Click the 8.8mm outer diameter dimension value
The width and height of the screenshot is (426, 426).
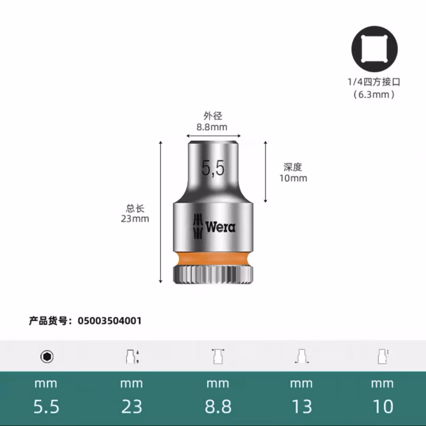tap(212, 126)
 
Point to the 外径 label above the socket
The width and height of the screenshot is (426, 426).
tap(212, 116)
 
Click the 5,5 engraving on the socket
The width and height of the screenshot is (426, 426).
tap(213, 169)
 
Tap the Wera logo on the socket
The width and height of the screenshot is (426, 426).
tap(214, 226)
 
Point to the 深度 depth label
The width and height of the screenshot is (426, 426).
tap(293, 167)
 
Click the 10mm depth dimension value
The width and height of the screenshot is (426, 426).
tap(293, 178)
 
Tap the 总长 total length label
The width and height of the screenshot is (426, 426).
tap(135, 208)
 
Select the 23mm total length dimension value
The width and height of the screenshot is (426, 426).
tap(135, 219)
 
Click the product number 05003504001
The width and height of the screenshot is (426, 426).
tap(109, 321)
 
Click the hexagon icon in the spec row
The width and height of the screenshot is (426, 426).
tap(47, 356)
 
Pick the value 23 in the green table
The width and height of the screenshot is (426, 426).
tap(131, 406)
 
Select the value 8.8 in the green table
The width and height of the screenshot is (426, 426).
tap(217, 406)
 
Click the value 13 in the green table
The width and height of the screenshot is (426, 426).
tap(301, 406)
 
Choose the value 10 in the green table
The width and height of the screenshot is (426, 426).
tap(382, 406)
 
